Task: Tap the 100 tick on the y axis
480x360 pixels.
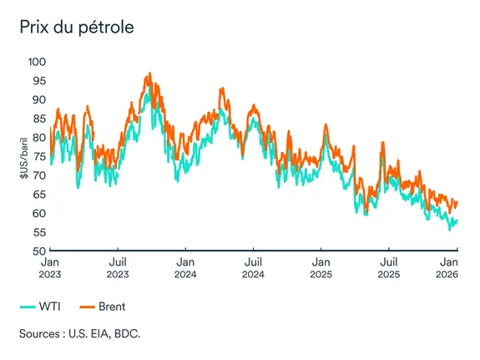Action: [37, 62]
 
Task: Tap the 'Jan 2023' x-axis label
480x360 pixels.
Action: [49, 267]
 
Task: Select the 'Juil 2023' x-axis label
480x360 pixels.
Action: [118, 267]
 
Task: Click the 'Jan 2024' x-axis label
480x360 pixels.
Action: [184, 267]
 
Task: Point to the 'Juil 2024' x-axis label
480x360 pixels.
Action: [253, 267]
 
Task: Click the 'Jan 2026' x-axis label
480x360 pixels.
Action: [456, 267]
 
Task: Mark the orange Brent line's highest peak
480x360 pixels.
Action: [149, 74]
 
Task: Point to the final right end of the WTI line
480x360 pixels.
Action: [457, 221]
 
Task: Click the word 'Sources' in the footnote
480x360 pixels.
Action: [41, 335]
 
